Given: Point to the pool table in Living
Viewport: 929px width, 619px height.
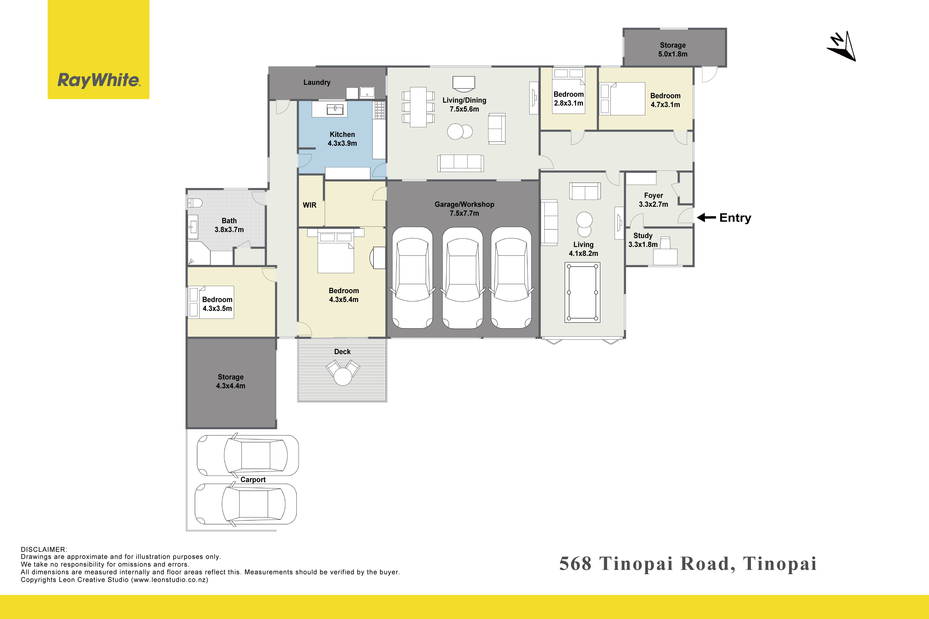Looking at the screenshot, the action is coord(582,292).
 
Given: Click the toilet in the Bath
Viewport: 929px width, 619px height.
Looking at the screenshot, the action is coord(195,203).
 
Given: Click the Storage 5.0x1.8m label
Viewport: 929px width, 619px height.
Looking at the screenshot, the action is coord(673,50).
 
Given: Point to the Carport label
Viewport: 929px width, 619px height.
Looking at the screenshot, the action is coord(253,480).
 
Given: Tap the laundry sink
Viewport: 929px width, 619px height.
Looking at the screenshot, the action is coord(367,93).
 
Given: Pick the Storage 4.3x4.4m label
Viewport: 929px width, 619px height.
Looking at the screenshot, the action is coord(231,381).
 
